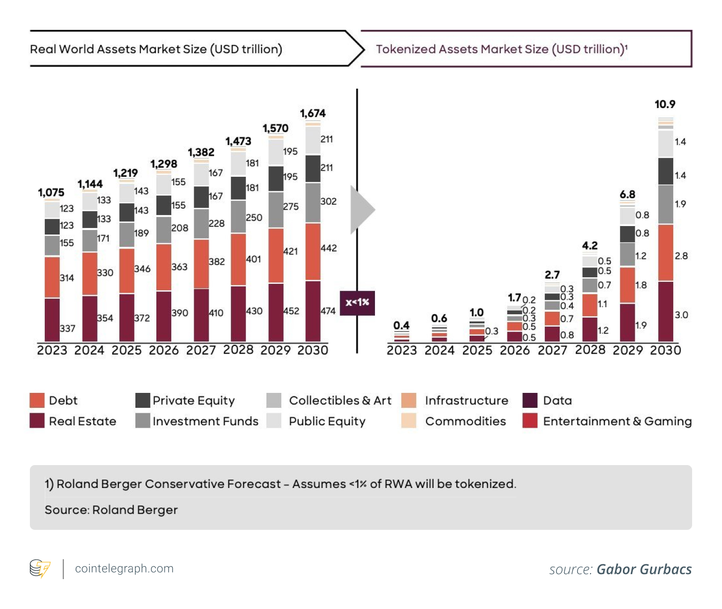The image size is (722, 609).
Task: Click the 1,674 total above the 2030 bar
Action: click(313, 114)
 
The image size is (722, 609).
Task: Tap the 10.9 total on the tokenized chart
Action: click(665, 105)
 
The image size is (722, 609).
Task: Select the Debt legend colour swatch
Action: click(37, 400)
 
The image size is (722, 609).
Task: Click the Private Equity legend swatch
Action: click(143, 400)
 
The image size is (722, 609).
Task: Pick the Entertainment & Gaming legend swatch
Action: click(530, 421)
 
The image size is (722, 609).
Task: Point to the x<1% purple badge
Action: click(357, 303)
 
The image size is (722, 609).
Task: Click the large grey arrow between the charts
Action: click(361, 210)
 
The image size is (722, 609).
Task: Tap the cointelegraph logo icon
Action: click(40, 569)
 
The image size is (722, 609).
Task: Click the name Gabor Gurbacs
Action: click(644, 570)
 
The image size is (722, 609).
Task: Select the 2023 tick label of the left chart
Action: click(52, 351)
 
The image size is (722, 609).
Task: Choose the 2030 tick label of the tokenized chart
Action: click(665, 351)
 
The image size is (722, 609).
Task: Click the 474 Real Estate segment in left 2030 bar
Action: click(313, 311)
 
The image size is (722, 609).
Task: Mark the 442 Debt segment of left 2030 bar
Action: click(313, 251)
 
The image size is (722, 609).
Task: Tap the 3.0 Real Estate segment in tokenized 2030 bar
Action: click(666, 312)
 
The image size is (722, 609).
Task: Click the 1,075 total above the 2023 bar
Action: click(51, 193)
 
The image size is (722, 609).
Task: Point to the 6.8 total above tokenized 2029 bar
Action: click(627, 195)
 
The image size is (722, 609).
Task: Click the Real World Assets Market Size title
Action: click(156, 49)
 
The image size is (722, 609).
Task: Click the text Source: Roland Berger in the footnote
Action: click(111, 510)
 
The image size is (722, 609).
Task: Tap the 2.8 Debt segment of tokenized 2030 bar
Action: click(666, 253)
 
